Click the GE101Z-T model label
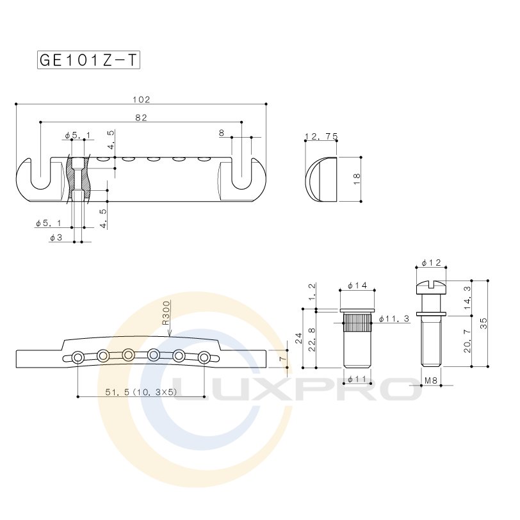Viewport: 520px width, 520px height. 88,60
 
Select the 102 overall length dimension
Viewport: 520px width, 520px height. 142,99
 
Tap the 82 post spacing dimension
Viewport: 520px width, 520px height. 142,118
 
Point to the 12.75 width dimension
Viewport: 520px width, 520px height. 321,136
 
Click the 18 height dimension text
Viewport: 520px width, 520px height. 357,179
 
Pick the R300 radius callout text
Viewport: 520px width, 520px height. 166,313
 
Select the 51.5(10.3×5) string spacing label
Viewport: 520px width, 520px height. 142,392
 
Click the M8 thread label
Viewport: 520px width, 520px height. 431,380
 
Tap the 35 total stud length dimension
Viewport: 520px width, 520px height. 484,323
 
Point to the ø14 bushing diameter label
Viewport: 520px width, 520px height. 357,285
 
